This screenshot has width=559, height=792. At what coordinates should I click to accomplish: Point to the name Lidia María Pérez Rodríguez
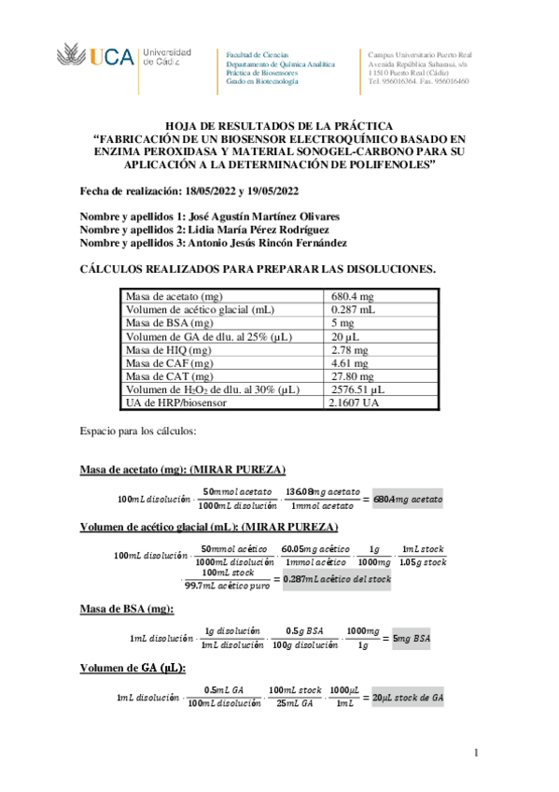coord(259,230)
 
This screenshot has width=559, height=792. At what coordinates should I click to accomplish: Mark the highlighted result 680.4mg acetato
coord(408,500)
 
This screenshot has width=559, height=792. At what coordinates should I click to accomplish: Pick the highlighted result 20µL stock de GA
coord(407,698)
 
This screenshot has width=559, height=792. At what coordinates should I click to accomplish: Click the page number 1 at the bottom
coord(476,753)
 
